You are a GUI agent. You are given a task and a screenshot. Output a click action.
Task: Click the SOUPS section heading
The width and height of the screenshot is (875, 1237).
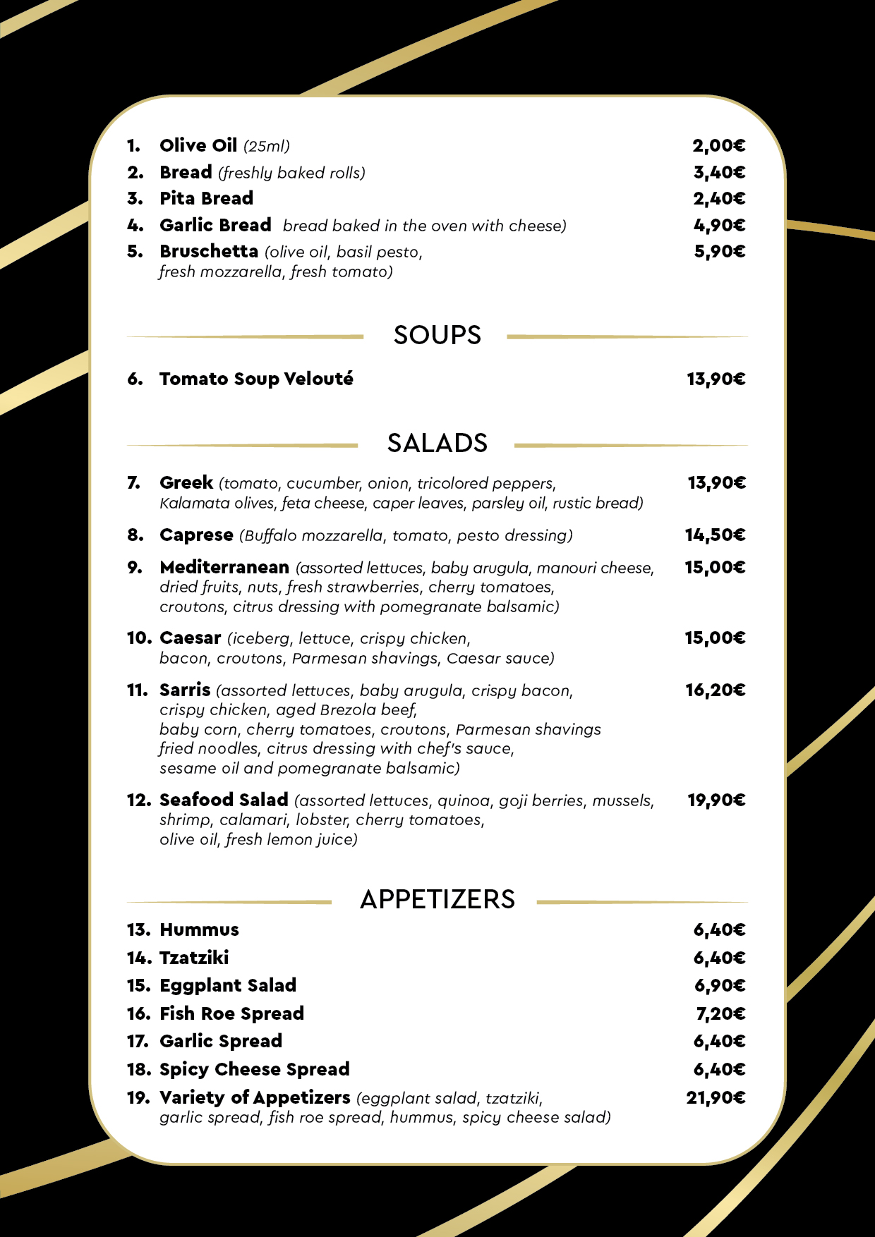point(437,335)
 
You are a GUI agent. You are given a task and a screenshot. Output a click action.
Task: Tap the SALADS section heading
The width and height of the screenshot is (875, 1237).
point(437,444)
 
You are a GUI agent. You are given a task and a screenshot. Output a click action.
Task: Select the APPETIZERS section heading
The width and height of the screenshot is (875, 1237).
point(437,900)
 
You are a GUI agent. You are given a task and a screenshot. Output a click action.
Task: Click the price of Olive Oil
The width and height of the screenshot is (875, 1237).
point(718,146)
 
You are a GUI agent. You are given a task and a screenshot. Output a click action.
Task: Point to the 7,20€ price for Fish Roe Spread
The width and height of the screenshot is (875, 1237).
point(720,1014)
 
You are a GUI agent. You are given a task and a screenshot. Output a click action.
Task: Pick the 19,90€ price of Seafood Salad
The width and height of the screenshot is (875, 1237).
point(716,800)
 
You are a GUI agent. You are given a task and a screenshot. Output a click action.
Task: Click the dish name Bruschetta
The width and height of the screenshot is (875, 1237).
point(209,252)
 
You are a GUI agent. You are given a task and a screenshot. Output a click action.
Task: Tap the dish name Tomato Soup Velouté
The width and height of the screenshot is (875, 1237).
point(256,379)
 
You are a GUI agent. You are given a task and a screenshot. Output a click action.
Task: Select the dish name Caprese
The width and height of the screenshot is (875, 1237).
point(196,535)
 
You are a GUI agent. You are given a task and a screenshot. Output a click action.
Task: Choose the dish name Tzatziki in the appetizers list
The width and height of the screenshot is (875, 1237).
point(194,958)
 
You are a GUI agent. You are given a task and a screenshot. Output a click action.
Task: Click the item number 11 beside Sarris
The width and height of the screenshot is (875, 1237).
point(137,690)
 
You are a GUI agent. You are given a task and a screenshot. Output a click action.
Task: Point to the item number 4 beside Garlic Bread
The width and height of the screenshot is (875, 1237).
point(135,226)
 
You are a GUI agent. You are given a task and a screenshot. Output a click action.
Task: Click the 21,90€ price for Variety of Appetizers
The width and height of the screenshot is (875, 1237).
point(716,1098)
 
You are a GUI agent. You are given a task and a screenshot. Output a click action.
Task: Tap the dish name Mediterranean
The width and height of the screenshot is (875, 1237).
point(224,568)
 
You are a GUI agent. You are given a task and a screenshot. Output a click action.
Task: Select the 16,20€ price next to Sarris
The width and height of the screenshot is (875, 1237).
point(715,690)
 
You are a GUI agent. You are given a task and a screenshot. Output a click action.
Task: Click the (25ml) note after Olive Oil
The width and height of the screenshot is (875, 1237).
point(267,147)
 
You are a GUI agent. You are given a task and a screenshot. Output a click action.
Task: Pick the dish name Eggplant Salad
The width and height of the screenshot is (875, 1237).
point(228,986)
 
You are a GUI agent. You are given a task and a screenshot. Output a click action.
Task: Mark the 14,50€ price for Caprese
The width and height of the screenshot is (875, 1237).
point(715,535)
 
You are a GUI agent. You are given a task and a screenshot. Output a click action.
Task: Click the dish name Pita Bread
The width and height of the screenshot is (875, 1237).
point(206,199)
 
